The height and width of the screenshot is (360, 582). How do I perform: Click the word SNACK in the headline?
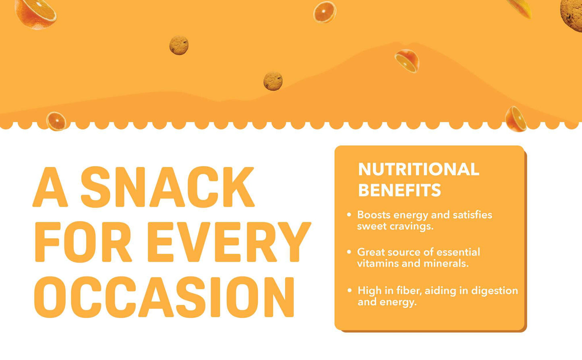168,187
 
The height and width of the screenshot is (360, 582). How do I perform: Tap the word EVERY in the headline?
229,242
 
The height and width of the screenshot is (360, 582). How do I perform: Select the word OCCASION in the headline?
164,297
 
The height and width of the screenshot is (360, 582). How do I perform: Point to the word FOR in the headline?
83,242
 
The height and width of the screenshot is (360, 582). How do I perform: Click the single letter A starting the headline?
50,187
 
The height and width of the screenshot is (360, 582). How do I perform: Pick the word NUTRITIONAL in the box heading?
418,170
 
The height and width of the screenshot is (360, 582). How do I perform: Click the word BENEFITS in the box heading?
400,190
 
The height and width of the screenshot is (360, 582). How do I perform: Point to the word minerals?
446,264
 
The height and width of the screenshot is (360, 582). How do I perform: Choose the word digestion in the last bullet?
495,291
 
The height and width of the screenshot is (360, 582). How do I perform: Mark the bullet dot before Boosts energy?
349,215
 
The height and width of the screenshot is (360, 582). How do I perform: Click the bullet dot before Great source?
349,252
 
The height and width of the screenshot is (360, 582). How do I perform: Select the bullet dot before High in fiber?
350,290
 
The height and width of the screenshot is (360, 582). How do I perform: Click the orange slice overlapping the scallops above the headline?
56,121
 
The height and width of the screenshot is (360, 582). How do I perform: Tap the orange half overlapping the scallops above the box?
516,119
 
